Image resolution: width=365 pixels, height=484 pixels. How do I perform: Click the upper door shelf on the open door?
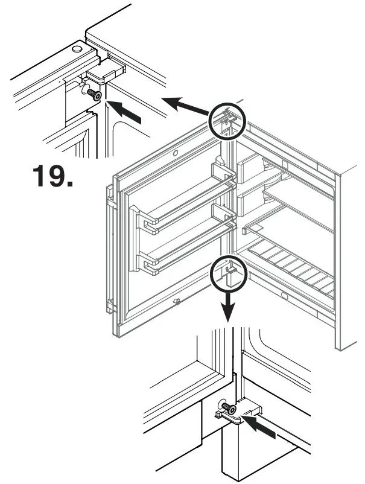coord(184,202)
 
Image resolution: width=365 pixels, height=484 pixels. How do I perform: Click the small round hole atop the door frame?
coord(175,154)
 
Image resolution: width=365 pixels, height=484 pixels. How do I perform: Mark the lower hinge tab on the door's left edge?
coord(110,305)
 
